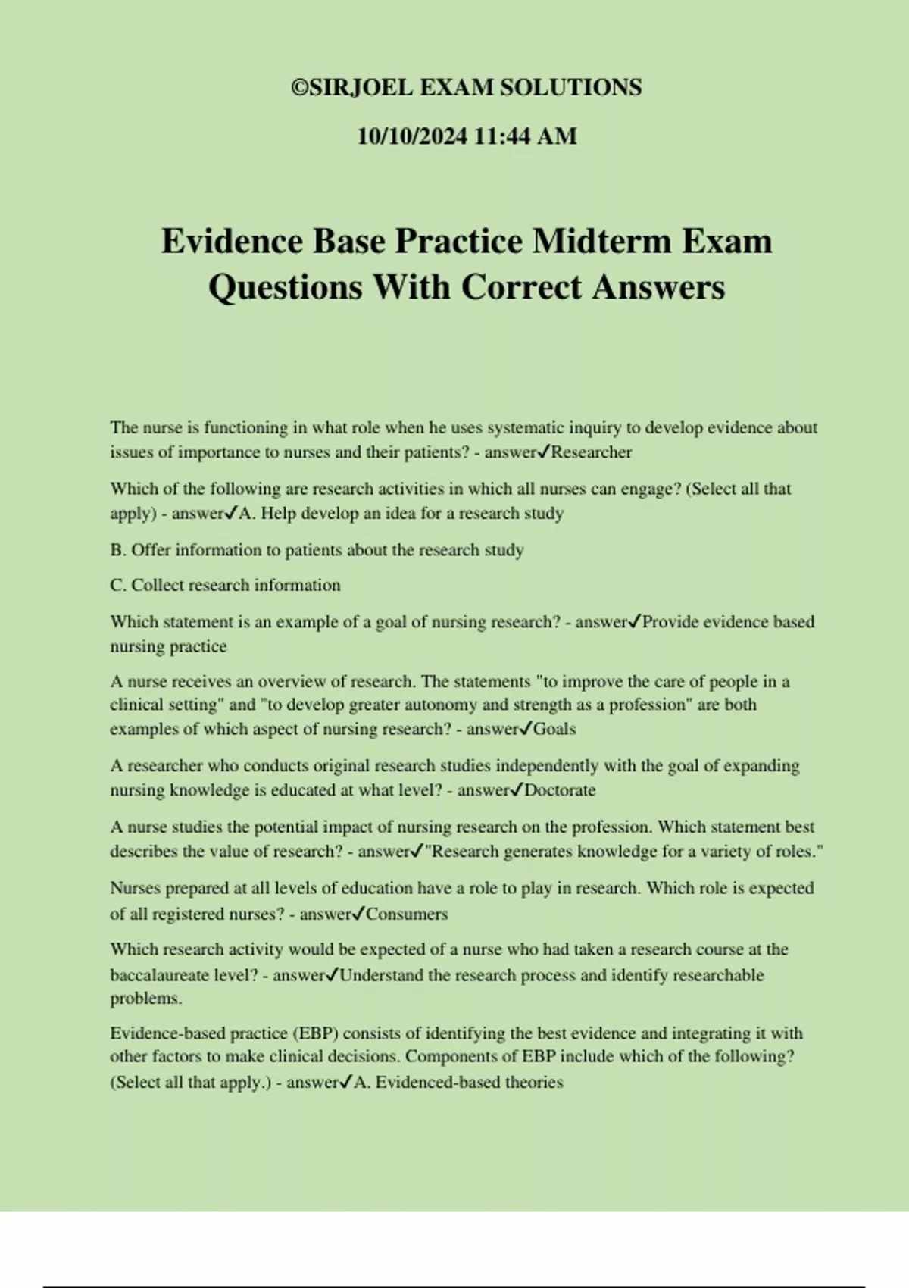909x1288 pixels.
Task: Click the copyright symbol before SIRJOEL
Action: (x=298, y=88)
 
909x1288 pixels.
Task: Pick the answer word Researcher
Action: (x=592, y=452)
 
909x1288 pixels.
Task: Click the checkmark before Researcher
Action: (x=543, y=452)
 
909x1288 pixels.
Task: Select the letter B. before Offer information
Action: (x=118, y=550)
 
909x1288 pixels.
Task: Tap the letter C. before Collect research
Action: (x=118, y=586)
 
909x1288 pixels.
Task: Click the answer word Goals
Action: (x=554, y=729)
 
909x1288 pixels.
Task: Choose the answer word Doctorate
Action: (x=560, y=790)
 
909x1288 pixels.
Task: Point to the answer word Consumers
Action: (x=407, y=914)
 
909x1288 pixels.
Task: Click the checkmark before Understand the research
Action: (x=332, y=974)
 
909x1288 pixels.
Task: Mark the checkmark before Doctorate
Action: (x=517, y=790)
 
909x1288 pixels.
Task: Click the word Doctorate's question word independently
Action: (x=532, y=766)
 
